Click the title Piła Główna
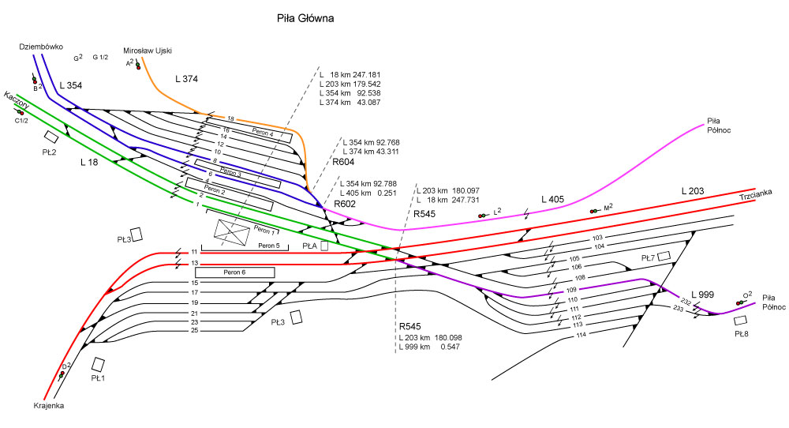tap(305, 18)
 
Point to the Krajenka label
tap(48, 406)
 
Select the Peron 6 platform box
tap(234, 272)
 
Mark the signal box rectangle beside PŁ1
tap(99, 365)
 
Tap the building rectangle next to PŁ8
tap(740, 321)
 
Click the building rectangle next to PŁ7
tap(664, 255)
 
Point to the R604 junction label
tap(344, 161)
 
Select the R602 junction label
tap(346, 204)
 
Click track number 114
tap(581, 336)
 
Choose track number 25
tap(195, 330)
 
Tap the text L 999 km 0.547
tap(429, 347)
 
